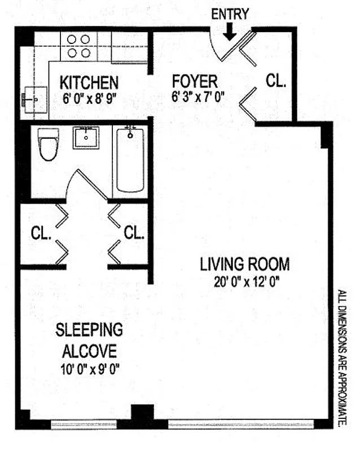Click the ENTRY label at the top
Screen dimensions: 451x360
(230, 14)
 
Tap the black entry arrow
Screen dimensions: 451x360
(229, 34)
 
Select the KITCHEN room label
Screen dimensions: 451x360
(89, 82)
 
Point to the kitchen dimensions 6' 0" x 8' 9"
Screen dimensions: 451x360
(89, 97)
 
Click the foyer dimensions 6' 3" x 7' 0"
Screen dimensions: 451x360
(199, 96)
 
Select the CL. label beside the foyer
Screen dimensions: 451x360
(276, 81)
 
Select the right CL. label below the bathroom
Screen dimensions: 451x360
(134, 232)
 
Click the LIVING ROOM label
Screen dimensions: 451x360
(244, 264)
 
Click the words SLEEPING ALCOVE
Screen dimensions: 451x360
(89, 341)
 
